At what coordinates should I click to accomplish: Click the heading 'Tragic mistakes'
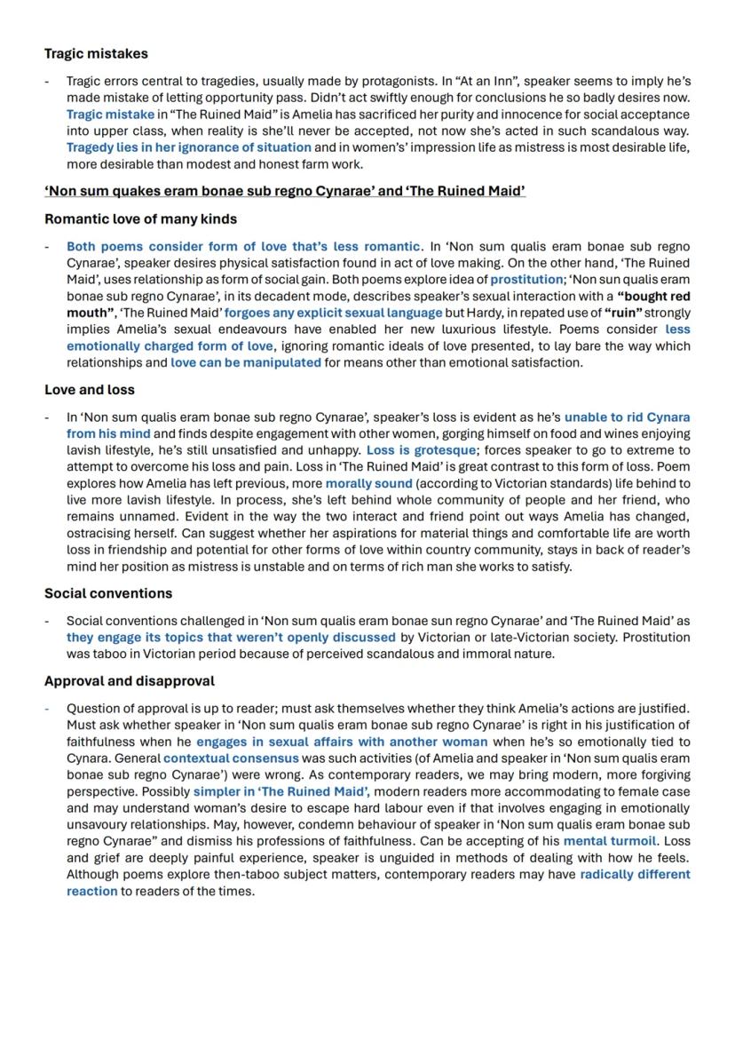pyautogui.click(x=96, y=54)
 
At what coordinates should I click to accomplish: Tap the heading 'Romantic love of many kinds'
pyautogui.click(x=140, y=218)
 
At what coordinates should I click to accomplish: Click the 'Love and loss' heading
pyautogui.click(x=90, y=390)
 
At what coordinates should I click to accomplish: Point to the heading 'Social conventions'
pyautogui.click(x=108, y=593)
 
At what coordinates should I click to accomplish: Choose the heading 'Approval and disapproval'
pyautogui.click(x=130, y=681)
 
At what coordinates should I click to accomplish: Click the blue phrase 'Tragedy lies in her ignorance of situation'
pyautogui.click(x=188, y=147)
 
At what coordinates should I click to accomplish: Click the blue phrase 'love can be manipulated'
pyautogui.click(x=246, y=362)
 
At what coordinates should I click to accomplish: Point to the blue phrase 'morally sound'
pyautogui.click(x=368, y=484)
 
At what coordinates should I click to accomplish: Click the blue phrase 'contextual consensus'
pyautogui.click(x=231, y=758)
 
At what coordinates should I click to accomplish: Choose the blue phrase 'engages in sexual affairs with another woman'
pyautogui.click(x=342, y=742)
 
